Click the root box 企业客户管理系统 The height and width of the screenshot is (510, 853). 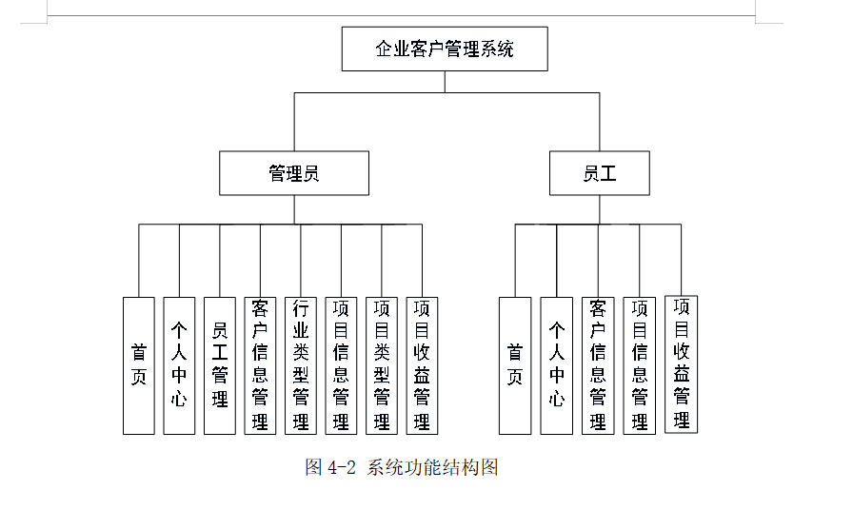(445, 49)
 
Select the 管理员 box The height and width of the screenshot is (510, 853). (293, 173)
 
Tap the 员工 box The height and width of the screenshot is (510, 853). (600, 173)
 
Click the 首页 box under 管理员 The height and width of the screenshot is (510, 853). (139, 365)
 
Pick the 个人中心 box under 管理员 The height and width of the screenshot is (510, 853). (179, 365)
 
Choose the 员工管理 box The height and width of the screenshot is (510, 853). (220, 365)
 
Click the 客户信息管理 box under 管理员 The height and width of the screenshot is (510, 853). (260, 365)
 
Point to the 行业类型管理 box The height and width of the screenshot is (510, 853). (301, 365)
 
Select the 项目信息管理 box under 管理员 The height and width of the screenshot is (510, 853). (341, 365)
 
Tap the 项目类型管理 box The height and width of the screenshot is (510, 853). (382, 365)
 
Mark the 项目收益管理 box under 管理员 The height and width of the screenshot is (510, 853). (422, 365)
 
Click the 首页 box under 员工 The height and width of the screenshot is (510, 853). (515, 365)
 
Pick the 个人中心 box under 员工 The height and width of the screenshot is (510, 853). (557, 365)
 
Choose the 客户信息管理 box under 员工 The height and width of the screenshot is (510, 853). (598, 365)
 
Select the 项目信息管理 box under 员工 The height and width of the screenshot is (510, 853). (640, 365)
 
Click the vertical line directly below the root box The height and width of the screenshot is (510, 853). (445, 82)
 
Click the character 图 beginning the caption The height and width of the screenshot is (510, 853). (313, 467)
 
